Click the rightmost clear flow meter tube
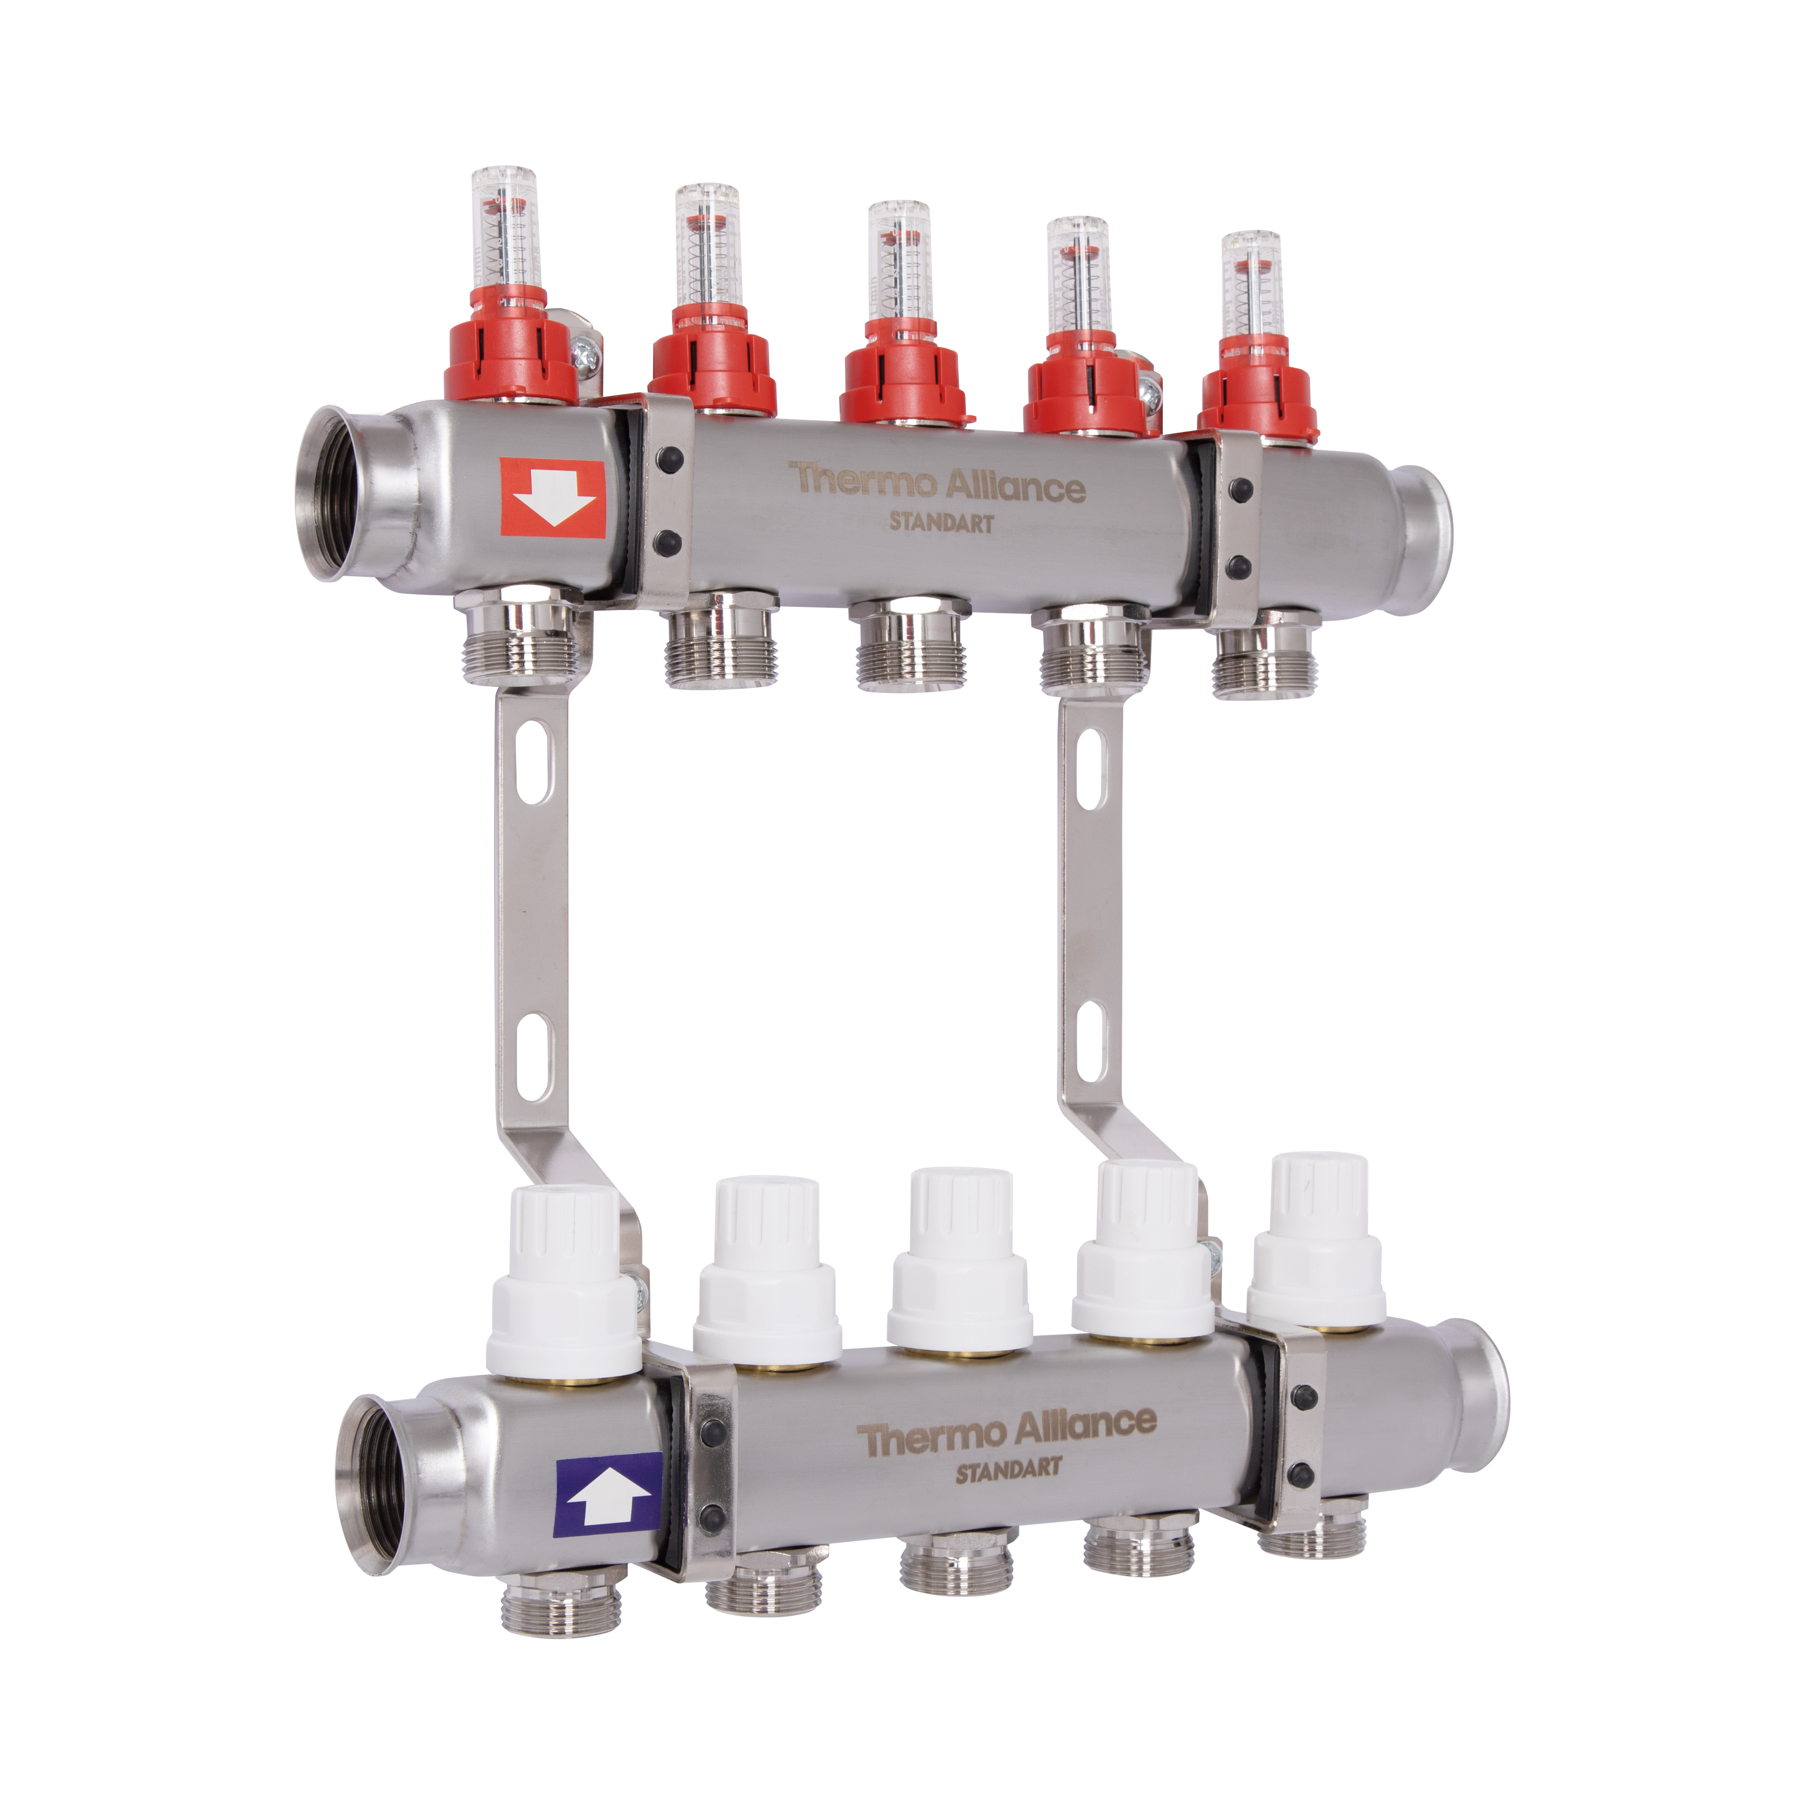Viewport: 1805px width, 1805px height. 1251,285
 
